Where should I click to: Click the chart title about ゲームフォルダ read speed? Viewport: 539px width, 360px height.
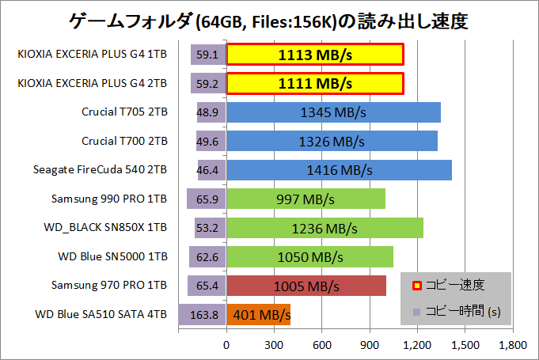pos(269,21)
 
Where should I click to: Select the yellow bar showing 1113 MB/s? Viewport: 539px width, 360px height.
pos(315,55)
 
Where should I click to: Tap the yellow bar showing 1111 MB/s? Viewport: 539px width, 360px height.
pos(315,83)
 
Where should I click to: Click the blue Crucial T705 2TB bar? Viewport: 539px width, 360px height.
pos(333,112)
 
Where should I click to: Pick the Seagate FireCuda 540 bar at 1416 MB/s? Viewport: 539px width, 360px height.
pos(339,169)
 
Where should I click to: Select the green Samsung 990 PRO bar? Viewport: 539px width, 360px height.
pos(306,199)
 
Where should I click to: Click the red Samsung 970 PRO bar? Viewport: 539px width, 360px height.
pos(306,285)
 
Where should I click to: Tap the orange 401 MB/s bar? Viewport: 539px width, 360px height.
pos(259,314)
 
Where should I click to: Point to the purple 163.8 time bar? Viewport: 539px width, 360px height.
pos(203,314)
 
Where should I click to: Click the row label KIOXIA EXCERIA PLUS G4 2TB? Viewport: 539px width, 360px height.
pos(92,83)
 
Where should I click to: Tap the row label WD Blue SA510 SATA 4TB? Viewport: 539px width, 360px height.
pos(101,314)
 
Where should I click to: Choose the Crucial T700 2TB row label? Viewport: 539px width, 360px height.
pos(124,141)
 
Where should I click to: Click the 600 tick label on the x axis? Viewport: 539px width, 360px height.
pos(322,345)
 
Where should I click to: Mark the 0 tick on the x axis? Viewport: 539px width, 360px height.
pos(227,345)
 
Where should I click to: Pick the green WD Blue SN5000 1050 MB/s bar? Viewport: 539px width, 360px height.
pos(310,256)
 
